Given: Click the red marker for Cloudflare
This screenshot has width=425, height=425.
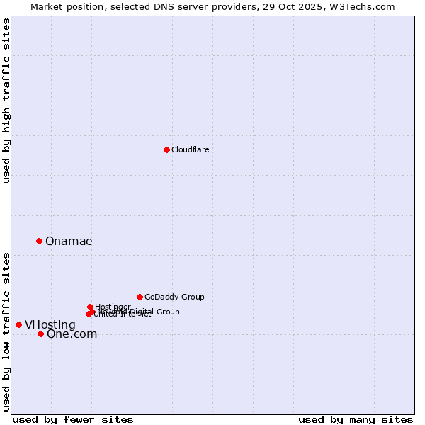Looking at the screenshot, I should [x=166, y=149].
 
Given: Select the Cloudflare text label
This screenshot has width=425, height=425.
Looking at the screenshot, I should [x=190, y=149].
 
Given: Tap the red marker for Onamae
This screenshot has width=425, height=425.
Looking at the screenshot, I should [x=39, y=241].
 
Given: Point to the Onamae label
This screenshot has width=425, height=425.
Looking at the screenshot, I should [x=69, y=242].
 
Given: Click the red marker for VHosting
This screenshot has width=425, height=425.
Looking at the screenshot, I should [x=18, y=324].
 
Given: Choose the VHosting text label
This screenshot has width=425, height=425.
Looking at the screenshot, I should [x=50, y=325].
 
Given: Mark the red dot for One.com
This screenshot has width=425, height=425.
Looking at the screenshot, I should [x=40, y=334].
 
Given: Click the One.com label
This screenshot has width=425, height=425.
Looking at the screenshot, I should [x=72, y=334].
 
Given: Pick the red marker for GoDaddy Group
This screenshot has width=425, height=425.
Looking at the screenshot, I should [x=140, y=297].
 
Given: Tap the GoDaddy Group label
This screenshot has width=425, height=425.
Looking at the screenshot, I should [x=174, y=297].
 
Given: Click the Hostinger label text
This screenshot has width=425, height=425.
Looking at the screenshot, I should [x=113, y=307].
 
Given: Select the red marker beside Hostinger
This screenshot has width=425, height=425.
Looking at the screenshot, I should [x=90, y=307].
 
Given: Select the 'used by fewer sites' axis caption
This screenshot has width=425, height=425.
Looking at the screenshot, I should [x=73, y=419].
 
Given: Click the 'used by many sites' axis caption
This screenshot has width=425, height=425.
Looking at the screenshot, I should [x=356, y=419].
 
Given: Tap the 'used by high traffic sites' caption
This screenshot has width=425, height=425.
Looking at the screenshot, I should [x=6, y=101].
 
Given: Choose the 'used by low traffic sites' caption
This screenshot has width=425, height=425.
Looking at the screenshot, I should [x=6, y=331].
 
